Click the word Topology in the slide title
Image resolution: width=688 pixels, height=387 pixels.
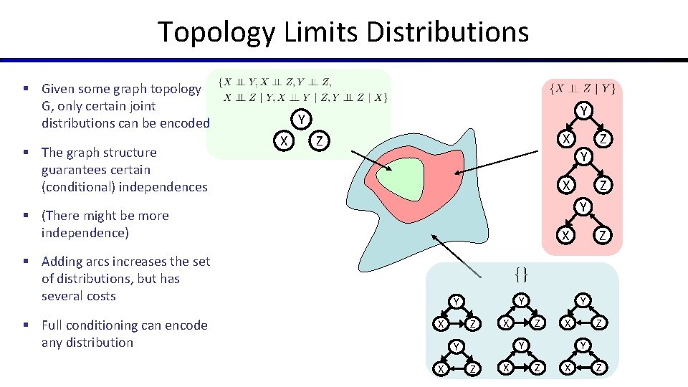(x=216, y=32)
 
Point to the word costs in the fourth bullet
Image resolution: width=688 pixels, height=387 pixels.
(x=99, y=296)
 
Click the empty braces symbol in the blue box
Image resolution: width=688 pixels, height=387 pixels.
(x=522, y=273)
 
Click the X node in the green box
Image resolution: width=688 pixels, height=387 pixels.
(x=285, y=140)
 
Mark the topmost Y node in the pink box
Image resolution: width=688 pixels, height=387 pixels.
(x=584, y=110)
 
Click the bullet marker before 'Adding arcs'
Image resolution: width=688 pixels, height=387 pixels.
(x=25, y=262)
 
